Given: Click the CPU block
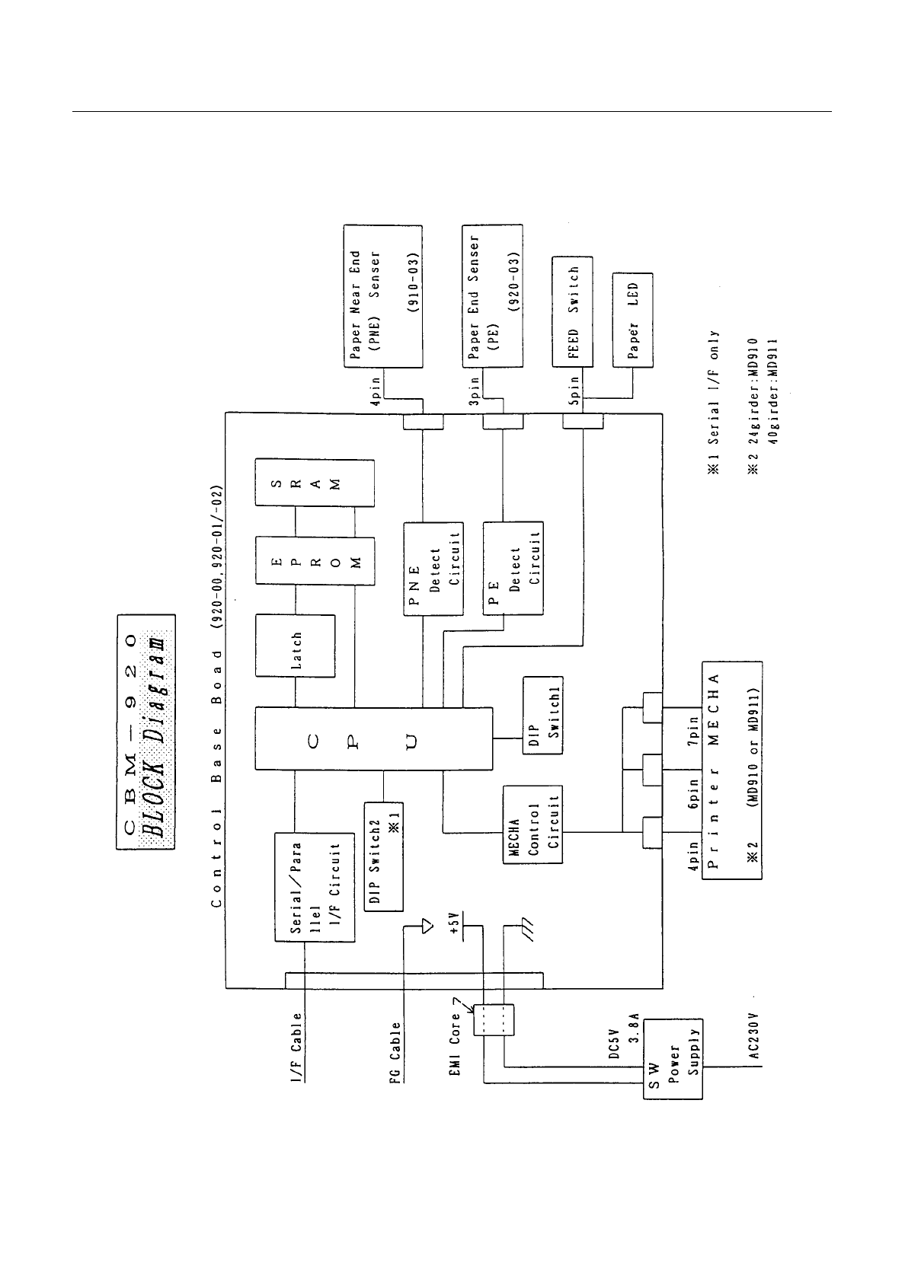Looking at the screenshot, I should pyautogui.click(x=373, y=738).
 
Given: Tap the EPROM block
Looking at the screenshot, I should pyautogui.click(x=315, y=560).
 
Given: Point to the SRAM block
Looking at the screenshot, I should pyautogui.click(x=315, y=483).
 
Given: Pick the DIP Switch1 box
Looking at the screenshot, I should pyautogui.click(x=543, y=715).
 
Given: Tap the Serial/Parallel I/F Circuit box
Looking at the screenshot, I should pyautogui.click(x=315, y=887).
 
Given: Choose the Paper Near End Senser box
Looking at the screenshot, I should pyautogui.click(x=382, y=296).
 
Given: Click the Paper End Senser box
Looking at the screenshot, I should pyautogui.click(x=492, y=295).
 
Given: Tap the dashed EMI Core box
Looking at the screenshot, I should pyautogui.click(x=494, y=1020).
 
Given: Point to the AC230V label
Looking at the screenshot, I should pyautogui.click(x=753, y=1036).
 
